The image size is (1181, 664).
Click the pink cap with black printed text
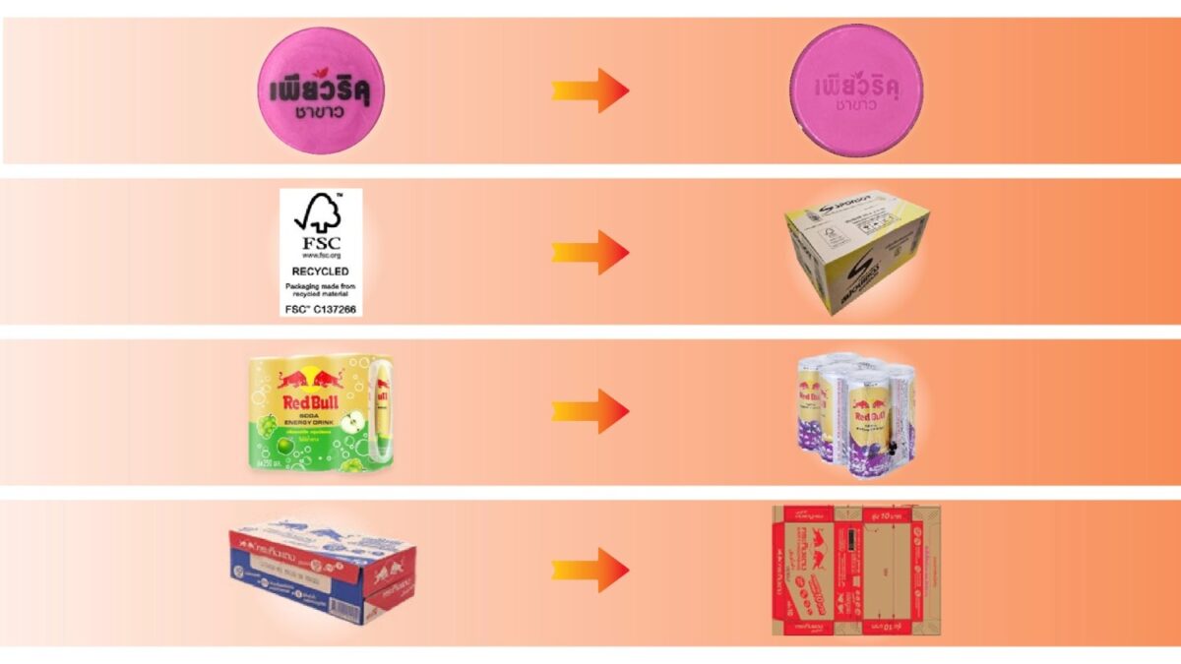click(x=322, y=91)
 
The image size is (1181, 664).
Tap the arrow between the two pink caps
click(x=590, y=91)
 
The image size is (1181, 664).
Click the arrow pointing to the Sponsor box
click(x=590, y=252)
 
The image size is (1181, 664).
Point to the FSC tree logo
click(x=321, y=211)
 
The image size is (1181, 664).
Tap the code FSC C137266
click(x=321, y=309)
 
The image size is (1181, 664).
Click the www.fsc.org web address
click(x=321, y=256)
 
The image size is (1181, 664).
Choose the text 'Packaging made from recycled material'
click(x=321, y=289)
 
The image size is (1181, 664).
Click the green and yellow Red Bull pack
click(x=321, y=413)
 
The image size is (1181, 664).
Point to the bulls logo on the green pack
click(x=310, y=378)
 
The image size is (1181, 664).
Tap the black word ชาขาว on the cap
click(x=321, y=113)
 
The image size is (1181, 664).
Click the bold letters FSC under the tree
click(x=321, y=241)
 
